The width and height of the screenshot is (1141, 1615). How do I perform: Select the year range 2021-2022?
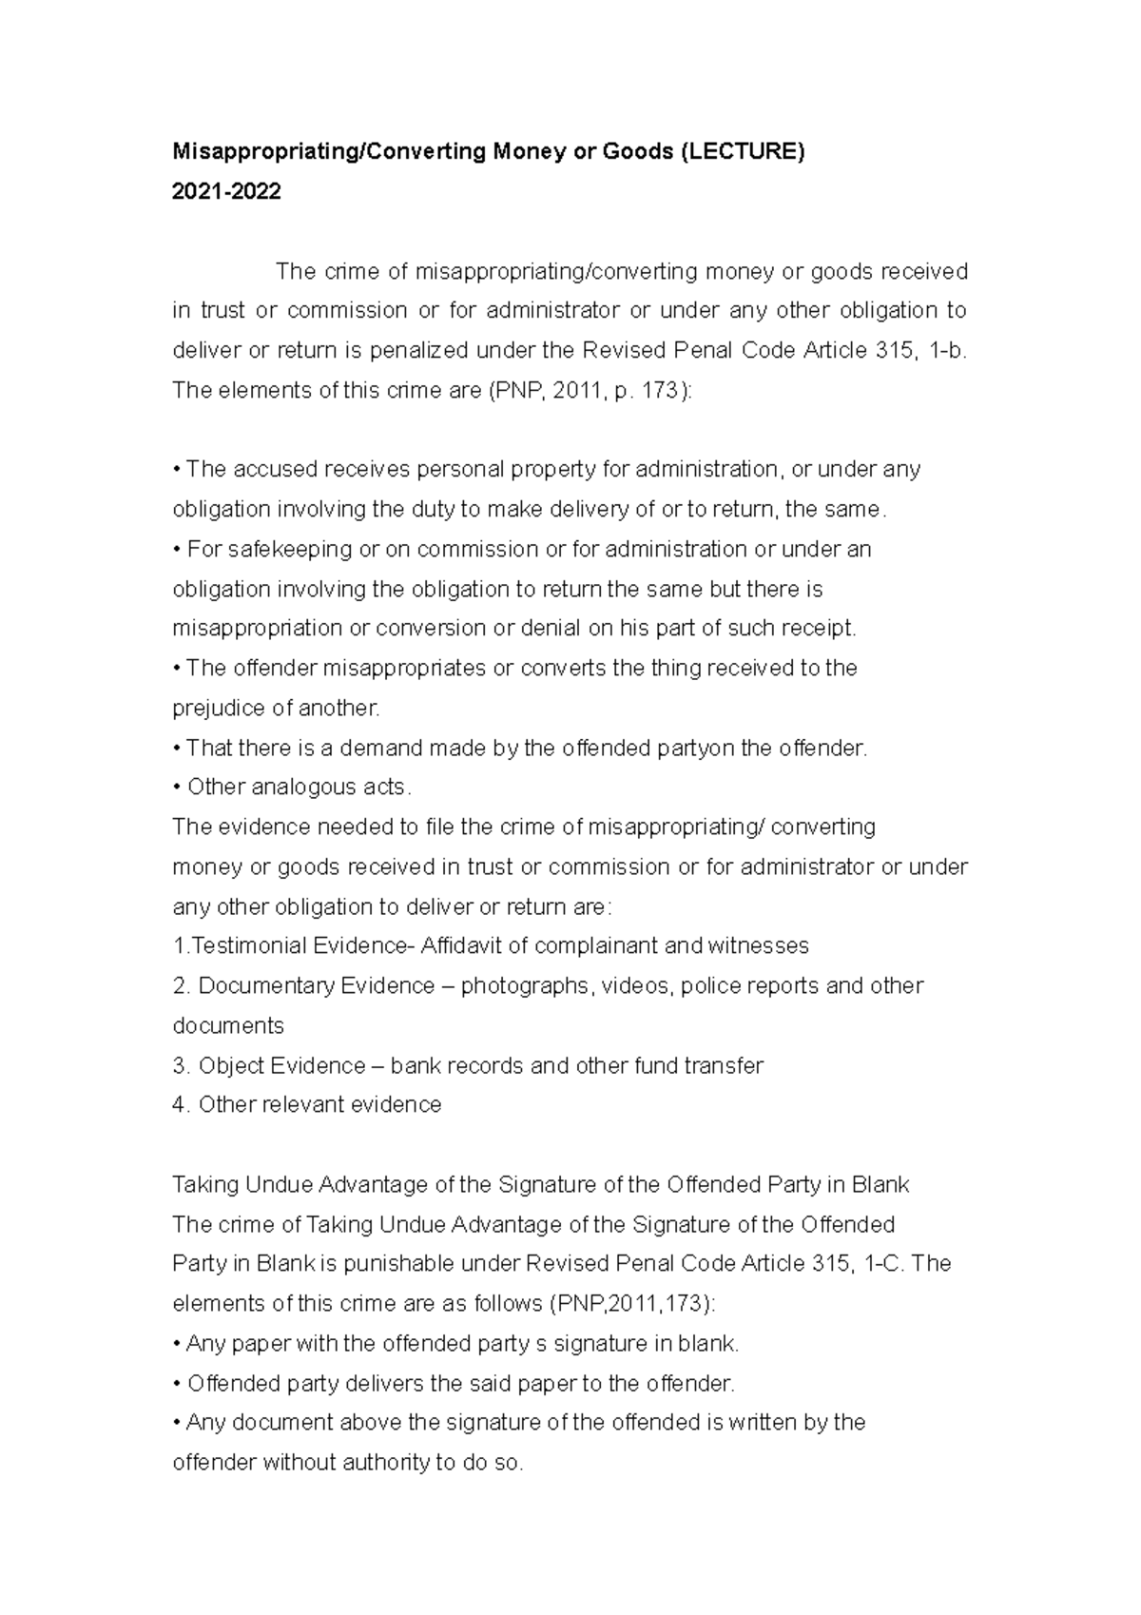pos(226,192)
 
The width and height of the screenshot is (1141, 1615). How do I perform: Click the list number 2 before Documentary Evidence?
pos(180,985)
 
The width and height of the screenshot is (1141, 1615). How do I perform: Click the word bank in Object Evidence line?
pos(416,1065)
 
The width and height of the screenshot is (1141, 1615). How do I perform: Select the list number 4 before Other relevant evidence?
pos(180,1105)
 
